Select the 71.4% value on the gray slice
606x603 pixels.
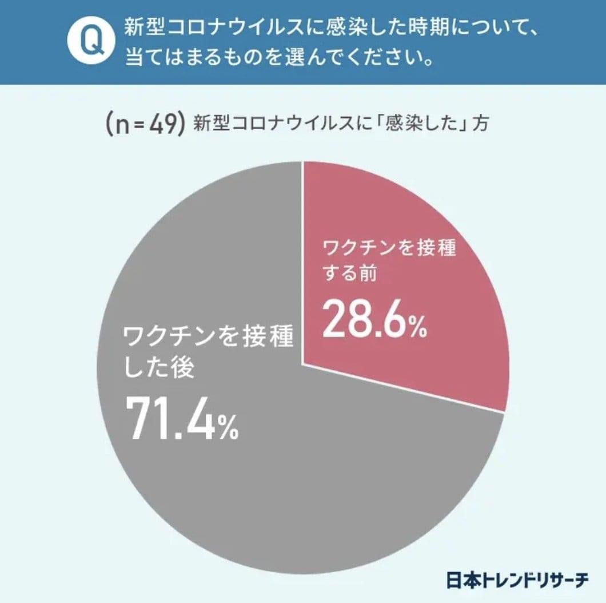(x=181, y=419)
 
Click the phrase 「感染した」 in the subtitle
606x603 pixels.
(x=420, y=124)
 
